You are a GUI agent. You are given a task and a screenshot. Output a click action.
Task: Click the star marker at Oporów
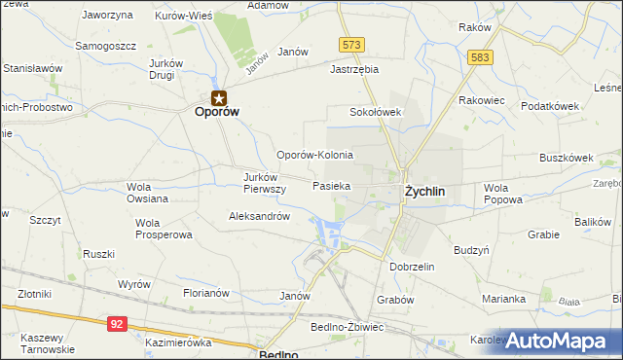pyautogui.click(x=219, y=96)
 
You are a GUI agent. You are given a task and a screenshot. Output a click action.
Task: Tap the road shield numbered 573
pyautogui.click(x=351, y=45)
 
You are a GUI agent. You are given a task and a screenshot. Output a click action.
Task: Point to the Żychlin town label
pyautogui.click(x=424, y=192)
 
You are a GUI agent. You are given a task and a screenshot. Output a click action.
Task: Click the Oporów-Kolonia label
pyautogui.click(x=314, y=156)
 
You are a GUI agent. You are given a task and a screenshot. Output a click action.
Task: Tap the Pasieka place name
pyautogui.click(x=331, y=185)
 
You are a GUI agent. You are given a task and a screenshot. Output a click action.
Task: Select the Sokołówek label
pyautogui.click(x=376, y=112)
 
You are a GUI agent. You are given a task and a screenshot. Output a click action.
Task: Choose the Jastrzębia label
pyautogui.click(x=353, y=70)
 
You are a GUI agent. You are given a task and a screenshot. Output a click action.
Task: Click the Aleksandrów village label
pyautogui.click(x=259, y=217)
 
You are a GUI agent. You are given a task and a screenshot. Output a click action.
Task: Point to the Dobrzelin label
pyautogui.click(x=411, y=267)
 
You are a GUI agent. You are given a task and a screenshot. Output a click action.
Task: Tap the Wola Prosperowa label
pyautogui.click(x=164, y=229)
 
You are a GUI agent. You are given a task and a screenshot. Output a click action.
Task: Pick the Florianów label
pyautogui.click(x=205, y=292)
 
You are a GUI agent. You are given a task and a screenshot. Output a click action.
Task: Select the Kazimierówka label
pyautogui.click(x=178, y=343)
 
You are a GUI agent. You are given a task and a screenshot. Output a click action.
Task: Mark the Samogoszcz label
pyautogui.click(x=106, y=47)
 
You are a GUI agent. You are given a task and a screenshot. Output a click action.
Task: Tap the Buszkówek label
pyautogui.click(x=567, y=158)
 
